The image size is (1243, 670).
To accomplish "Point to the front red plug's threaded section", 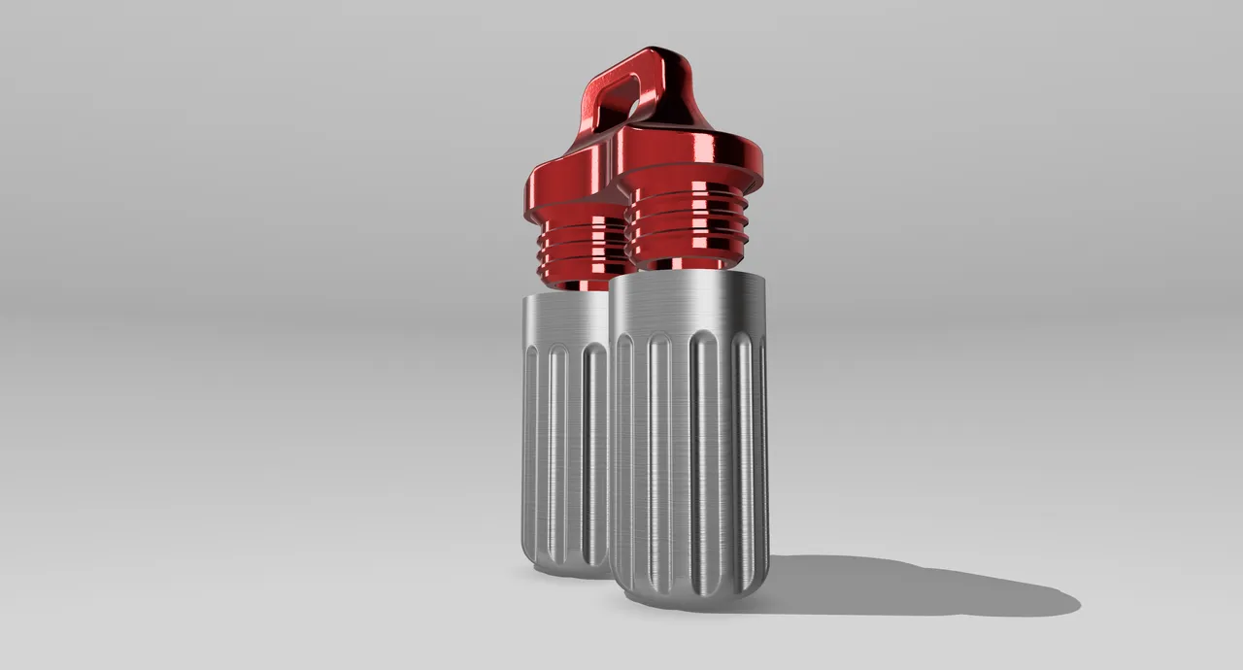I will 684,228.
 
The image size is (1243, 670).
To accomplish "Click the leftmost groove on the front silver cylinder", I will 624,456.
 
